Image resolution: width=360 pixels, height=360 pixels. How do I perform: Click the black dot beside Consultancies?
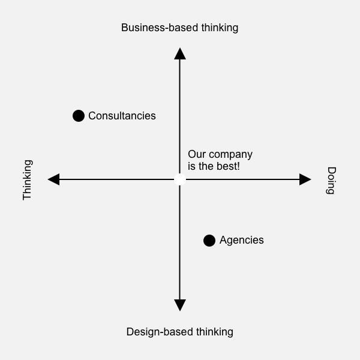pyautogui.click(x=79, y=116)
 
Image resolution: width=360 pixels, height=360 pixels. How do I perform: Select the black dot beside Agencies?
pyautogui.click(x=209, y=241)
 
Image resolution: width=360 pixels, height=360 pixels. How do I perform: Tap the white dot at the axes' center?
pyautogui.click(x=179, y=179)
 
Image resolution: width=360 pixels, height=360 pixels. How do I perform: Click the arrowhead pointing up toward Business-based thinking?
pyautogui.click(x=179, y=54)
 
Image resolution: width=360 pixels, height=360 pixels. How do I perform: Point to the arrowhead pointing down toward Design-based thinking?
pyautogui.click(x=179, y=305)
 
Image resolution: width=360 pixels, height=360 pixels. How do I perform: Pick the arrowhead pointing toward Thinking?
pyautogui.click(x=54, y=179)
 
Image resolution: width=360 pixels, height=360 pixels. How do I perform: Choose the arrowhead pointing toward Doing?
pyautogui.click(x=305, y=179)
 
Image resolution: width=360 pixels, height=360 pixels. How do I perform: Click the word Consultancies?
pyautogui.click(x=122, y=116)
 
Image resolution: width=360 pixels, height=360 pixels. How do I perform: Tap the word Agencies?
pyautogui.click(x=241, y=240)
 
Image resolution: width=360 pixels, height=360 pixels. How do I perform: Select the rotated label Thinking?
pyautogui.click(x=28, y=180)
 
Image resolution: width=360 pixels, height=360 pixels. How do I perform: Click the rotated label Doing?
pyautogui.click(x=331, y=181)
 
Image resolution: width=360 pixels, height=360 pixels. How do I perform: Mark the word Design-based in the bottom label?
pyautogui.click(x=158, y=332)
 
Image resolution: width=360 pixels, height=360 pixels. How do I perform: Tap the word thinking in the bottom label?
pyautogui.click(x=214, y=332)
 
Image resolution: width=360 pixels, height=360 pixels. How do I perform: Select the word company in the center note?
pyautogui.click(x=231, y=155)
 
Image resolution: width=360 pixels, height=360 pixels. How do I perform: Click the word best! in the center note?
pyautogui.click(x=227, y=166)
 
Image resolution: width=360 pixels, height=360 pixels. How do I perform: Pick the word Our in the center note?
pyautogui.click(x=197, y=155)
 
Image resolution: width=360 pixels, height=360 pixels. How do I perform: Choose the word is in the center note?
pyautogui.click(x=191, y=166)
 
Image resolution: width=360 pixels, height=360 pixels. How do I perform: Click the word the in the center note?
pyautogui.click(x=206, y=166)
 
